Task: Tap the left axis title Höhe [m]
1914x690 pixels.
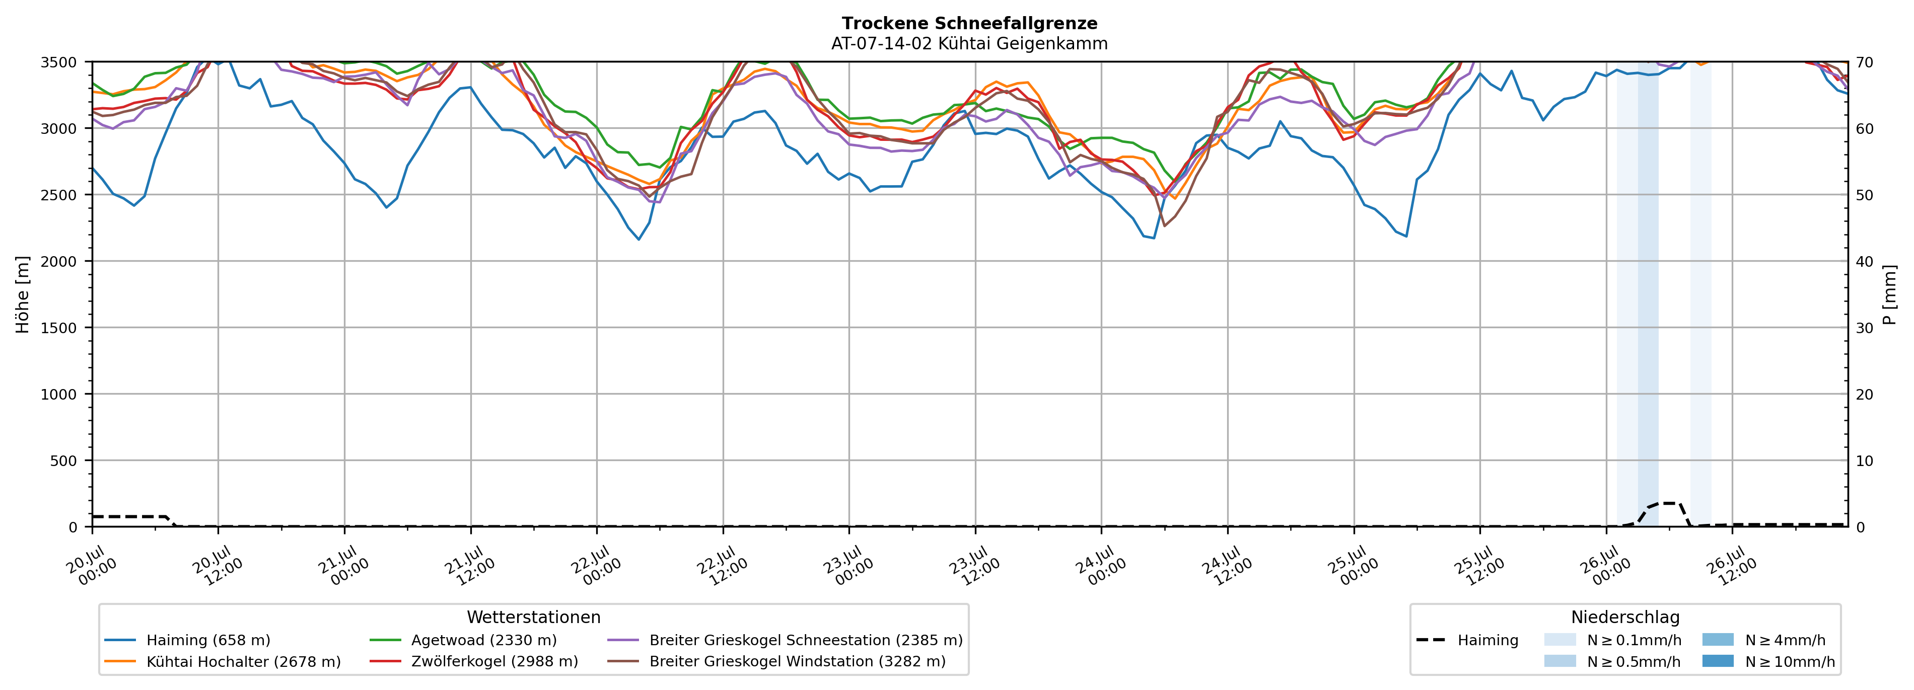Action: (x=23, y=294)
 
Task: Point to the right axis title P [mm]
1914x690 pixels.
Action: (x=1889, y=294)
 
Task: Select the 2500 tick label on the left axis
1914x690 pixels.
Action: (x=59, y=195)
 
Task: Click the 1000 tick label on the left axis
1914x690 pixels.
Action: (x=59, y=395)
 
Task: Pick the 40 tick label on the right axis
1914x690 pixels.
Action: (x=1864, y=261)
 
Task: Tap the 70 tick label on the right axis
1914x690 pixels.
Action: (x=1864, y=62)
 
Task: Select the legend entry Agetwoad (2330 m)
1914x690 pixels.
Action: (x=463, y=640)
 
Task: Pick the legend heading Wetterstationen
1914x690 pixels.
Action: (x=533, y=617)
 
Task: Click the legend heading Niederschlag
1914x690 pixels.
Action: (x=1625, y=617)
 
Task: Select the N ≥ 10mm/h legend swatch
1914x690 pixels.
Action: (x=1717, y=661)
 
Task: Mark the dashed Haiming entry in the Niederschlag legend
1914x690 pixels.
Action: (x=1467, y=640)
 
